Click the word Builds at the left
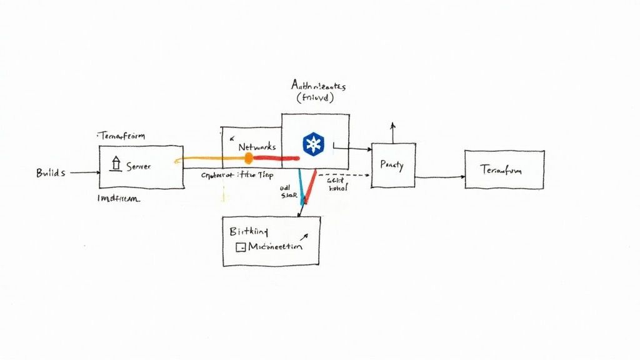[x=50, y=173]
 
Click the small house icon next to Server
[x=115, y=164]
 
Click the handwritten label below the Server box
[x=119, y=199]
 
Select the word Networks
[x=257, y=146]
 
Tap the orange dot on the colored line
[x=248, y=158]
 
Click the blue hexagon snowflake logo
[x=312, y=144]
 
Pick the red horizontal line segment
[x=275, y=158]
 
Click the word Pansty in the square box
[x=392, y=166]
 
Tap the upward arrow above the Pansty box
[x=392, y=132]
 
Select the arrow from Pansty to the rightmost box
[x=439, y=177]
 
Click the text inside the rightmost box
[x=503, y=170]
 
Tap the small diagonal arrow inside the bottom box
[x=304, y=237]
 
